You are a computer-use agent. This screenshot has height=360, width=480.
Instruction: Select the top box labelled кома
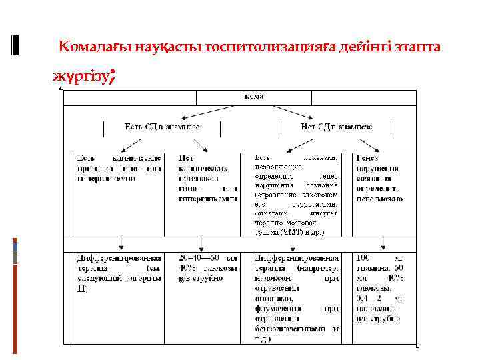tap(253, 96)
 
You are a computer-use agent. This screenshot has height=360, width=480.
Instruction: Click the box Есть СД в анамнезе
tap(162, 126)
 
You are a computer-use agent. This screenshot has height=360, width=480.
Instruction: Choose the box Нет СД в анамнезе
tap(336, 126)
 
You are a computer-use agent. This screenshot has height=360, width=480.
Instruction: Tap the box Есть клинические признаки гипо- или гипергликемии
tap(118, 168)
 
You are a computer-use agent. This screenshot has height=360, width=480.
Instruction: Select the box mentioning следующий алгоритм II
tap(118, 273)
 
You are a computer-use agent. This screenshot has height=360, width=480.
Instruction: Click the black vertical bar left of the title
tap(16, 45)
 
